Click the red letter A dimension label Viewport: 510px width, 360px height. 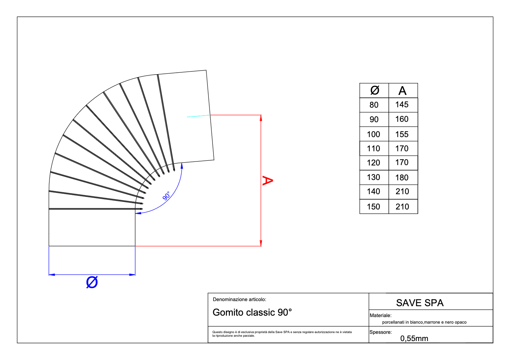click(x=267, y=180)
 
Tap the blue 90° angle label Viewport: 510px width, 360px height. click(x=167, y=196)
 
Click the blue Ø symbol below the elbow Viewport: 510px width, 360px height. click(x=92, y=282)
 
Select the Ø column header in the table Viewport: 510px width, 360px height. click(x=375, y=90)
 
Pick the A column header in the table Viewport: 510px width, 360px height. click(x=402, y=91)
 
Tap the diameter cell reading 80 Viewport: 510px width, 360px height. click(x=374, y=105)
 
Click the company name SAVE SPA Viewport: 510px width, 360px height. click(x=420, y=303)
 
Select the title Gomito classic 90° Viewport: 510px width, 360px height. click(x=252, y=312)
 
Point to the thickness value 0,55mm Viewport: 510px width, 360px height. click(x=414, y=339)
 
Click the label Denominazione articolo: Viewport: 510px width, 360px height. click(x=239, y=300)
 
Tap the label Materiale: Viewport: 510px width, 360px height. click(x=380, y=316)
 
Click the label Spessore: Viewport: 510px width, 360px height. click(x=380, y=332)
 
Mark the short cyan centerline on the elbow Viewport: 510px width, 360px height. click(x=199, y=116)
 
